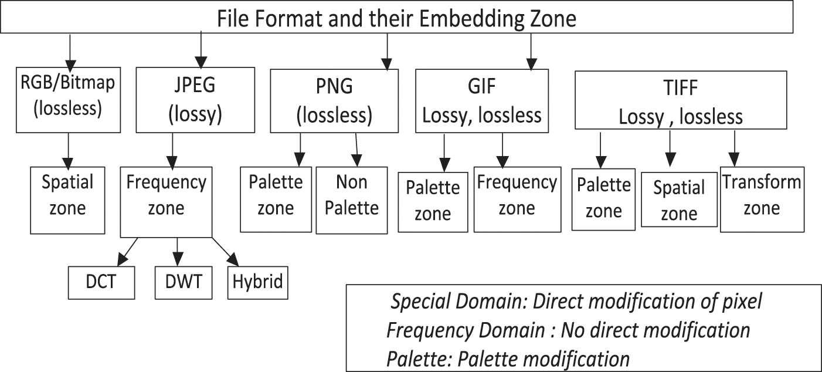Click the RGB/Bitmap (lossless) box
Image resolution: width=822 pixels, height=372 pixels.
tap(68, 99)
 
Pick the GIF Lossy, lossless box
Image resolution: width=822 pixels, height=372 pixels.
tap(482, 100)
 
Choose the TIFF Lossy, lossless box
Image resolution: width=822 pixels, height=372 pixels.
tap(680, 100)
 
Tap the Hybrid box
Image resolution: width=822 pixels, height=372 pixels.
tap(257, 282)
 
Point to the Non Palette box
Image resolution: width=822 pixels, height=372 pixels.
tap(352, 199)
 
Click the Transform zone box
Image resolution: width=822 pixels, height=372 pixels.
tap(762, 199)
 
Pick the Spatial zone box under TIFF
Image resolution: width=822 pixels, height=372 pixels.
tap(679, 199)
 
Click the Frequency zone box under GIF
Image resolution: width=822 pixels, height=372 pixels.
tap(516, 199)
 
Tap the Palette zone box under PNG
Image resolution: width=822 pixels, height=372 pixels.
tap(276, 199)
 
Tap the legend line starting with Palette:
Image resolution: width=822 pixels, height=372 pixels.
tap(508, 358)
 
